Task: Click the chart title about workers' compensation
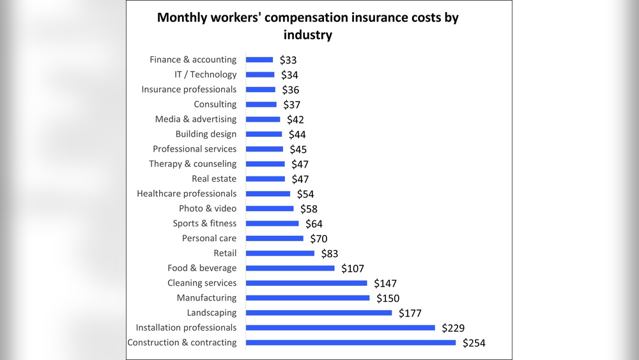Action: [x=308, y=26]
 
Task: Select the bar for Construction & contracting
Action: [x=351, y=343]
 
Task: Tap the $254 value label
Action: [x=474, y=343]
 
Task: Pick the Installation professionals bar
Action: [x=340, y=327]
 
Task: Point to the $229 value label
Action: [x=453, y=328]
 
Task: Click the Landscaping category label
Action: [x=212, y=313]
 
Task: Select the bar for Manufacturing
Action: [x=307, y=298]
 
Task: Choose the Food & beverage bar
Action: [x=290, y=268]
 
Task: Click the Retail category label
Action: [x=225, y=253]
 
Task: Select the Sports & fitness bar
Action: [x=272, y=223]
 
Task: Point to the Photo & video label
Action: [x=208, y=208]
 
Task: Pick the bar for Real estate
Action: [x=265, y=179]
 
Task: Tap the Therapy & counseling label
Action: [x=192, y=164]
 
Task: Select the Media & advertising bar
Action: [x=263, y=119]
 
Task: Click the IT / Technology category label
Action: [x=205, y=74]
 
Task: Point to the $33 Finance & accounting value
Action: [x=288, y=60]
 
